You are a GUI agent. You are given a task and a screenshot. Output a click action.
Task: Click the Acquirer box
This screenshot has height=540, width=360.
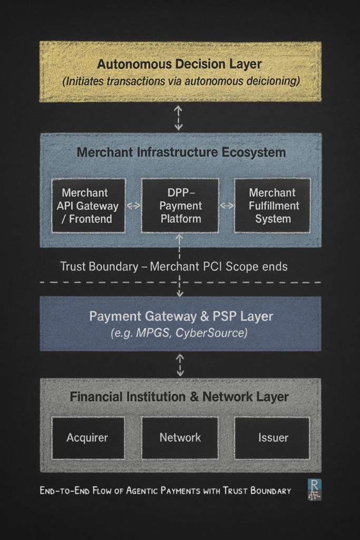coord(87,438)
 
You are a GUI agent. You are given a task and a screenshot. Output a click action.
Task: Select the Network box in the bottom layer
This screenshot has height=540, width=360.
coord(180,438)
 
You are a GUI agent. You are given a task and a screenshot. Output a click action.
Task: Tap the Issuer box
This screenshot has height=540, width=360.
coord(273,438)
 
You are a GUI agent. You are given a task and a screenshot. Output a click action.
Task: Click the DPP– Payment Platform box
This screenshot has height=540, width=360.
coord(180,205)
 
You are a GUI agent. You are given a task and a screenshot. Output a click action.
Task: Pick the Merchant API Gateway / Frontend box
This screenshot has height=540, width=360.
coord(88,205)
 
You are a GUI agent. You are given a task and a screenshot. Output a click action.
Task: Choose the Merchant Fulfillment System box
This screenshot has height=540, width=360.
coord(273,205)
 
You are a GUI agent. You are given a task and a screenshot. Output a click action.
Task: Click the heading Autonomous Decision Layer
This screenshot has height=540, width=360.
coord(180,64)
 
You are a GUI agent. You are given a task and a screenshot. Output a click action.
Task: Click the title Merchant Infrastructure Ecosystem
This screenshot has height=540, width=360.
coord(181,153)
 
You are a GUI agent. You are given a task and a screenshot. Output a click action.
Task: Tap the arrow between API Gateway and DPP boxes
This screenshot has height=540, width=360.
coord(133,206)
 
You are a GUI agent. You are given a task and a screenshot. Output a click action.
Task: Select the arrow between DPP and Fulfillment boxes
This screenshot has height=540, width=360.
coord(227,206)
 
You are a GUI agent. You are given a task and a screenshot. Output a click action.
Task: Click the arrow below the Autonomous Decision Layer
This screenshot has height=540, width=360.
coord(179,118)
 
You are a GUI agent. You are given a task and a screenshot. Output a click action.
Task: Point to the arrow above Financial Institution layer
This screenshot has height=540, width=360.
coord(180,364)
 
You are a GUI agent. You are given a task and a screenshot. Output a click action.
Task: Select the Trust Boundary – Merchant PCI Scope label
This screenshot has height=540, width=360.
coord(173,266)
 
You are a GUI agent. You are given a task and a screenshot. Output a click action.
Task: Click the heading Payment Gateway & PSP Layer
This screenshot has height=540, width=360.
coord(180,316)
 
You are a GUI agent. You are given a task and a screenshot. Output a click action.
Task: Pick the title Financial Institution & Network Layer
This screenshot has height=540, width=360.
coord(180,397)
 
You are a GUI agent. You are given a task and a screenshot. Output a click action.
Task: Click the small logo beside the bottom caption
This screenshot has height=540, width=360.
coord(314,490)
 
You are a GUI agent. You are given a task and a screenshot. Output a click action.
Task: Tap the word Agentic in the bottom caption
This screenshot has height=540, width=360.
coord(143,491)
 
